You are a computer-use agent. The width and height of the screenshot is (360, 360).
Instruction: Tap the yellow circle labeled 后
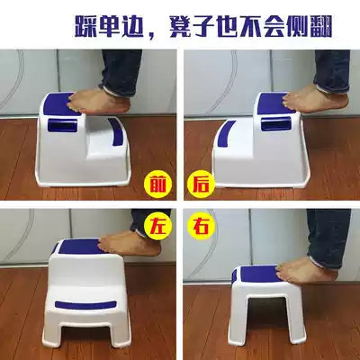tap(198, 185)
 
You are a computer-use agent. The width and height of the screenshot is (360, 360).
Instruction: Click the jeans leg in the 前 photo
tap(122, 63)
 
